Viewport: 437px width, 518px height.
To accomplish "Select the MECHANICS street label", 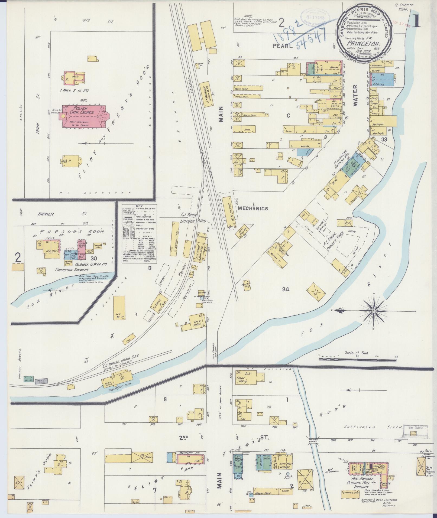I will pos(253,208).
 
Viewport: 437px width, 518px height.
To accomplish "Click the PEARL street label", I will pos(283,46).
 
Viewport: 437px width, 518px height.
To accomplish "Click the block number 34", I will pos(286,289).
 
